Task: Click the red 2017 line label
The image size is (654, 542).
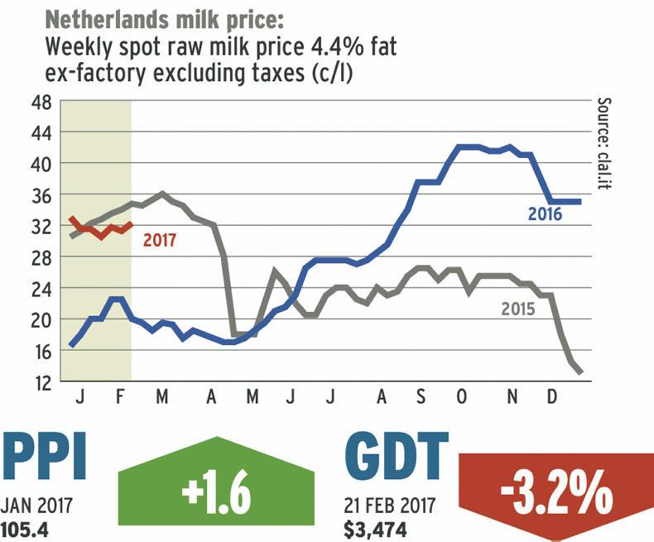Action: tap(159, 241)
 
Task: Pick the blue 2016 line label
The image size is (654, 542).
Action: tap(546, 215)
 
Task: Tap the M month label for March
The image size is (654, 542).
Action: tap(162, 397)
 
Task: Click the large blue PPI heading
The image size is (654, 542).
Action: tap(45, 458)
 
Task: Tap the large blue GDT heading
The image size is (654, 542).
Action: tap(398, 458)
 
